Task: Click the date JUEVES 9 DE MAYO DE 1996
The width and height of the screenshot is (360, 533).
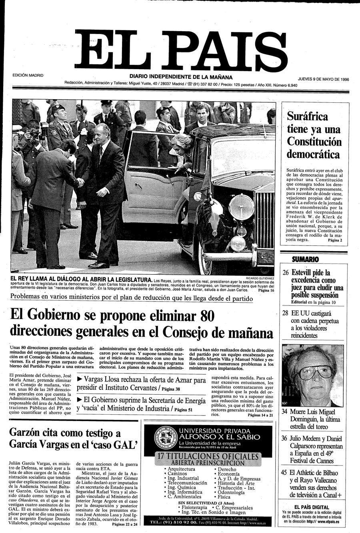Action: coord(323,79)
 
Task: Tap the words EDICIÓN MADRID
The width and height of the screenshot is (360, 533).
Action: coord(28,75)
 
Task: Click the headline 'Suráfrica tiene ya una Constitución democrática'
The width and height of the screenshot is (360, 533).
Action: coord(314,135)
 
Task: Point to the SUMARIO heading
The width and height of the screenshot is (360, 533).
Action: coord(305,259)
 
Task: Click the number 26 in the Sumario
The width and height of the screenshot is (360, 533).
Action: coord(286,273)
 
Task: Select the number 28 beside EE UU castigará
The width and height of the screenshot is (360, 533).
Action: coord(286,313)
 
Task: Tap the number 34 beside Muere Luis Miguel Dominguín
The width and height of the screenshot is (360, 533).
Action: coord(285,411)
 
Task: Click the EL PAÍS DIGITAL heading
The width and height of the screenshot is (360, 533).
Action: coord(312,507)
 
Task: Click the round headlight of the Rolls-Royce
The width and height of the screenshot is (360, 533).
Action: coord(241,207)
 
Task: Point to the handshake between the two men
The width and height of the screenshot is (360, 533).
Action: coord(80,182)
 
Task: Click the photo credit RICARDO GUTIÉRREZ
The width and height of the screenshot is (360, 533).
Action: coord(260,277)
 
